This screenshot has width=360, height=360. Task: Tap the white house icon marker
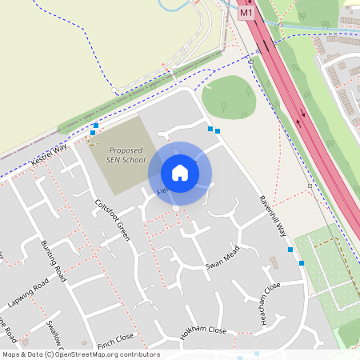180,172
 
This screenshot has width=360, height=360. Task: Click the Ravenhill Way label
272,216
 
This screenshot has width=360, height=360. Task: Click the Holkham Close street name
203,331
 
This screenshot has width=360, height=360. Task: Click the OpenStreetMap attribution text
81,354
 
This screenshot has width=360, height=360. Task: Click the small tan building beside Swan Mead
273,262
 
